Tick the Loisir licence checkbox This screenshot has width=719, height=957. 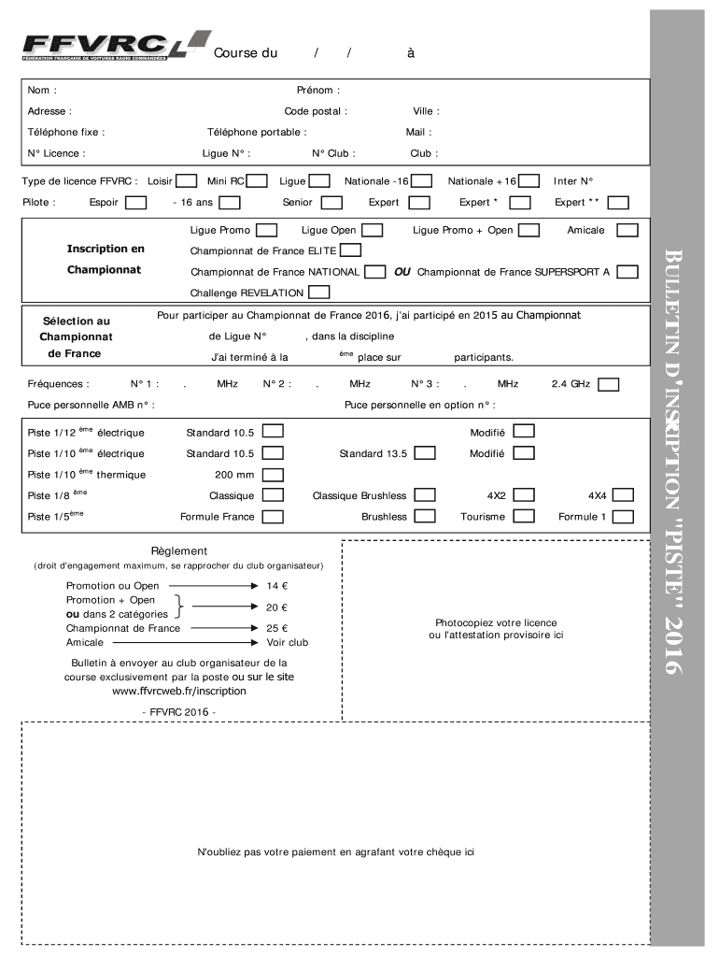click(187, 180)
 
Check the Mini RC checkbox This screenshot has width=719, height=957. click(258, 180)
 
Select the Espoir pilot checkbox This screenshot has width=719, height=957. click(135, 202)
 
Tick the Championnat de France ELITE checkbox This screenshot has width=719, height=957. click(350, 250)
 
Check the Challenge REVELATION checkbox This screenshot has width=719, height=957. click(317, 293)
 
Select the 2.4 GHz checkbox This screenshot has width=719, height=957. click(607, 383)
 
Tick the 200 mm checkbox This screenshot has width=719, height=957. click(272, 475)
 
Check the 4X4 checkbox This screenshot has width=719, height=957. click(623, 495)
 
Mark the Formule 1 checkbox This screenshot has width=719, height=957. click(623, 516)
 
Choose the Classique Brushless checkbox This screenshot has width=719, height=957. click(424, 495)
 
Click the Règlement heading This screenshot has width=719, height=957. click(179, 551)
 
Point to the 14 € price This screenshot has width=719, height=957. click(277, 586)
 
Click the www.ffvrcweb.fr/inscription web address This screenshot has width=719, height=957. click(179, 691)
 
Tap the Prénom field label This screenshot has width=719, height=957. click(317, 91)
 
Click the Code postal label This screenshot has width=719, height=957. click(316, 111)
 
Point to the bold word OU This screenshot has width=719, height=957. click(402, 272)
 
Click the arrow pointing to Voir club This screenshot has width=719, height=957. click(224, 643)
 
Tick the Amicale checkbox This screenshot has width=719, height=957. click(627, 230)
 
